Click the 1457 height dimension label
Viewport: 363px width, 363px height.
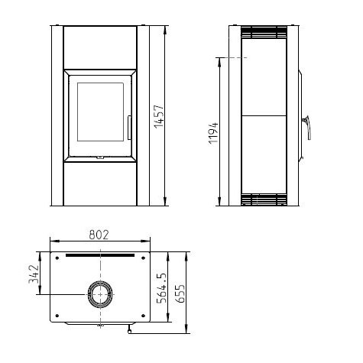(159, 116)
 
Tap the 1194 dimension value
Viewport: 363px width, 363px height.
(213, 133)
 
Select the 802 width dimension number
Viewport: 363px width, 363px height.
(99, 235)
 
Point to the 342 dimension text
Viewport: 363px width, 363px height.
(34, 274)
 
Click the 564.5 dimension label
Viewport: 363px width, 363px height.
(161, 288)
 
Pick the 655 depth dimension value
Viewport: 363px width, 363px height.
(180, 293)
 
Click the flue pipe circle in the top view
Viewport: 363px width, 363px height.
(100, 294)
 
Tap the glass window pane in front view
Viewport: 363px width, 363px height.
(101, 112)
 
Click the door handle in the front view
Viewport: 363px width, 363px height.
(129, 128)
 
